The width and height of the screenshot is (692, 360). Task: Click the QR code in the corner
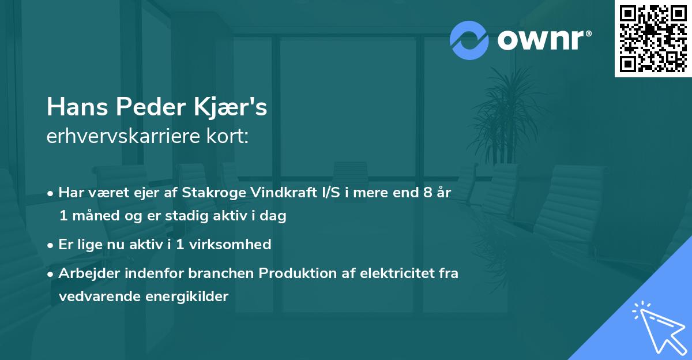(653, 38)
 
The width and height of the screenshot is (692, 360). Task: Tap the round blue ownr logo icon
(469, 40)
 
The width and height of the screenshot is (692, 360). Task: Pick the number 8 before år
(427, 193)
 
